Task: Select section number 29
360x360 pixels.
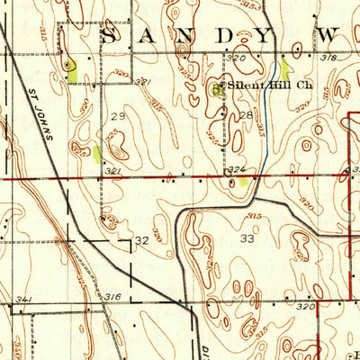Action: point(117,117)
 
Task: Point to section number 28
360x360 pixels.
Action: point(246,116)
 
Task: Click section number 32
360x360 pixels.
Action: point(141,241)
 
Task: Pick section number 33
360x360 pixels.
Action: point(247,239)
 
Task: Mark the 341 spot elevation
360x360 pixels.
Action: point(23,299)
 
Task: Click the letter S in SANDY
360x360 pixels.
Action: point(110,37)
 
